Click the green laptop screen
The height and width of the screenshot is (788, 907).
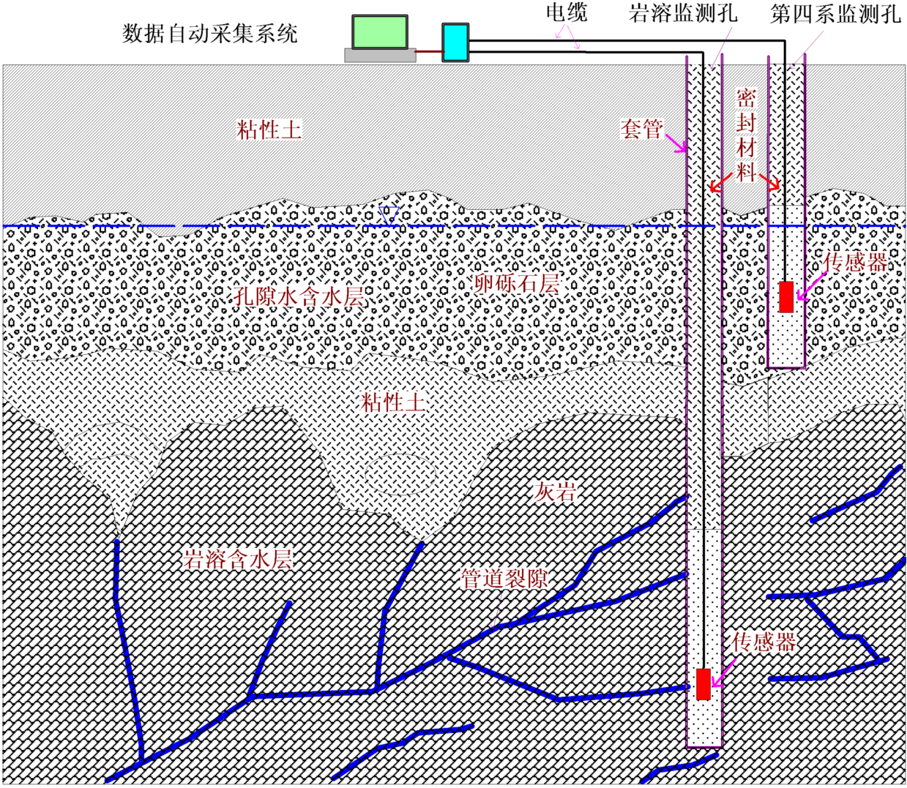pyautogui.click(x=379, y=32)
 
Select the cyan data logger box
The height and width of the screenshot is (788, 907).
pyautogui.click(x=455, y=42)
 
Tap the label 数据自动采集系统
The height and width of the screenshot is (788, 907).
pyautogui.click(x=210, y=34)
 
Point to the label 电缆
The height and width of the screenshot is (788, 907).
pyautogui.click(x=567, y=12)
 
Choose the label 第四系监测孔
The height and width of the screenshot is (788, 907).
pyautogui.click(x=835, y=14)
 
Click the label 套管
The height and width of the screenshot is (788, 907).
pyautogui.click(x=641, y=129)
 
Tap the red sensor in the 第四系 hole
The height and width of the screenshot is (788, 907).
pyautogui.click(x=786, y=296)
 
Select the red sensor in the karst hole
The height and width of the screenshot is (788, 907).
pyautogui.click(x=703, y=683)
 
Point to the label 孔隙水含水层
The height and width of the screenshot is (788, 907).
pyautogui.click(x=299, y=296)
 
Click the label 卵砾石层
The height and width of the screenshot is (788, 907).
pyautogui.click(x=517, y=283)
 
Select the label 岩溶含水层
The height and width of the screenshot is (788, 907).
pyautogui.click(x=238, y=560)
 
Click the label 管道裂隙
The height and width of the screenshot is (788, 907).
pyautogui.click(x=504, y=579)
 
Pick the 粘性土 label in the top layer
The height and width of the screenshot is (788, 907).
pyautogui.click(x=269, y=130)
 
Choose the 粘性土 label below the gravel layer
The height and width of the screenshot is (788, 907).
pyautogui.click(x=394, y=401)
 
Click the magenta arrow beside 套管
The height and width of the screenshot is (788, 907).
pyautogui.click(x=675, y=143)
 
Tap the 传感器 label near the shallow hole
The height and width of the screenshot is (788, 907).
pyautogui.click(x=855, y=262)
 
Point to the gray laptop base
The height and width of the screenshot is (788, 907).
pyautogui.click(x=380, y=55)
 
